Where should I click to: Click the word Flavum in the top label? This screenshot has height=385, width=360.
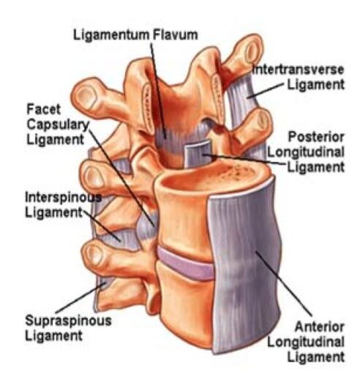point(176,34)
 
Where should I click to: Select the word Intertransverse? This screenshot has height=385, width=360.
point(298,70)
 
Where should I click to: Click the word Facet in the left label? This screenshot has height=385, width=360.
point(43,109)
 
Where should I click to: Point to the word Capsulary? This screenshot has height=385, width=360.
point(58,124)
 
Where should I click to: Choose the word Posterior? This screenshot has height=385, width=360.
point(316,137)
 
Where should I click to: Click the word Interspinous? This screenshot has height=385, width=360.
point(64,198)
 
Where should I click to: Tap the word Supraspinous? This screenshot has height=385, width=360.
point(68,321)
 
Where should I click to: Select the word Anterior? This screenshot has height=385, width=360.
point(319,326)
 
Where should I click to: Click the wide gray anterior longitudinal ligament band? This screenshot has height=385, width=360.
point(245,265)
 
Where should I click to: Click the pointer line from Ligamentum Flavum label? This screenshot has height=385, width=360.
point(158,91)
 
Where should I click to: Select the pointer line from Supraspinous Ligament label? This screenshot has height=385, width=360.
point(81,298)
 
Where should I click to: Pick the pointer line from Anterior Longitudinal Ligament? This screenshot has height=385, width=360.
point(284,283)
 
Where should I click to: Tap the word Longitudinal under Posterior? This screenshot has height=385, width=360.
point(306,152)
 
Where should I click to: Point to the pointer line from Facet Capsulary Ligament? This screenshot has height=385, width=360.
point(121,176)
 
